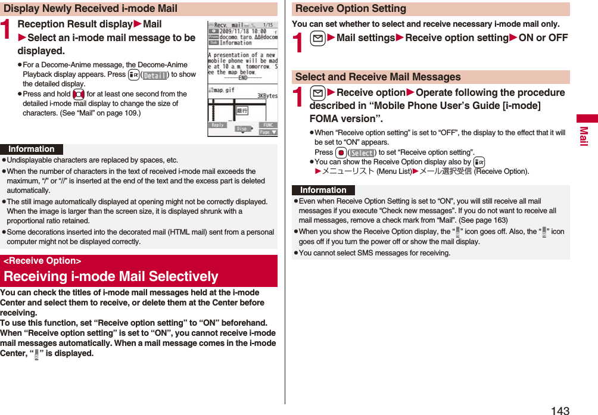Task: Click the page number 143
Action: pos(560,410)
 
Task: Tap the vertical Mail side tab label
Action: pos(584,136)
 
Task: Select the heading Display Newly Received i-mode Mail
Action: pos(91,8)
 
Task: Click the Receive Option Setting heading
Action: pos(351,8)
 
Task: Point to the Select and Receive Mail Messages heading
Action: pos(378,77)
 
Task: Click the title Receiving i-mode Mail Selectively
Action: pos(111,276)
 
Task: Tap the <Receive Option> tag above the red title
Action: pos(42,261)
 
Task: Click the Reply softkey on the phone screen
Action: pos(218,125)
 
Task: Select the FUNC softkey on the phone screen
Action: pos(267,125)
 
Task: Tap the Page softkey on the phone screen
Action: pos(267,132)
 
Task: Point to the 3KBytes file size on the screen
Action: pos(267,95)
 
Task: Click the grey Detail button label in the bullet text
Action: pos(155,75)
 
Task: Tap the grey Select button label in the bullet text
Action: pos(362,153)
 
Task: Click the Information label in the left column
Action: pos(32,149)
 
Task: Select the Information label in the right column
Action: pos(323,191)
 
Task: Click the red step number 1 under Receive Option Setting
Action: pos(299,39)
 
